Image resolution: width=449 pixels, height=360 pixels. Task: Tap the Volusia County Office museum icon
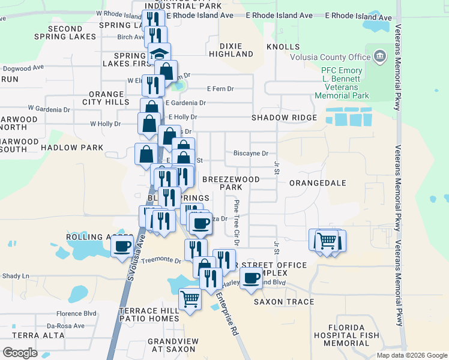point(379,58)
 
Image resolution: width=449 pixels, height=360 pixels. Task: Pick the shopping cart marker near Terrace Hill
point(190,298)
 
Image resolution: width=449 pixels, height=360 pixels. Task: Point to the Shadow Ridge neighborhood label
point(284,118)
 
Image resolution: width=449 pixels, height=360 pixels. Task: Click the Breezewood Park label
point(231,183)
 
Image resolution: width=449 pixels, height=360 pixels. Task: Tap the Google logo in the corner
point(20,353)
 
